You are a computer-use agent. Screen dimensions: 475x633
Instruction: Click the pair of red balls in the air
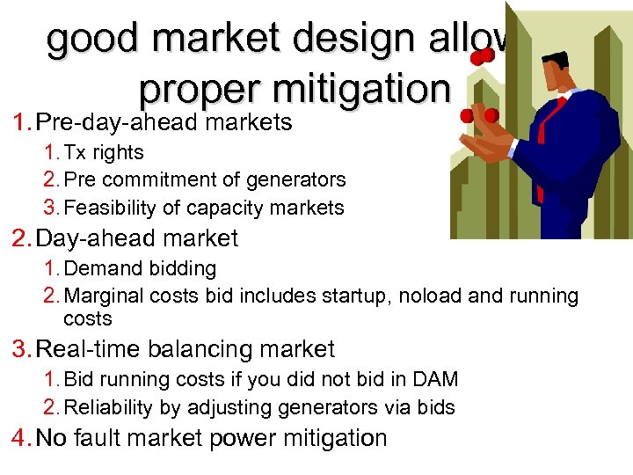pos(481,56)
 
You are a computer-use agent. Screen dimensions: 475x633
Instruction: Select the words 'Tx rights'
pos(105,152)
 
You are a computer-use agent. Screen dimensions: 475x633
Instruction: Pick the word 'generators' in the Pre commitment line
pos(300,179)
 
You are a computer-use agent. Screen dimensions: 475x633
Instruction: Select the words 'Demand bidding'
pos(140,268)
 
